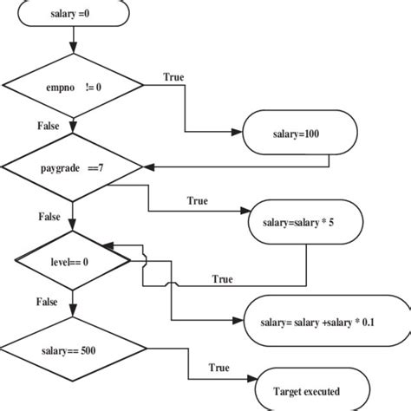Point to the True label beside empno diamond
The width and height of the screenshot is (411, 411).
click(x=173, y=77)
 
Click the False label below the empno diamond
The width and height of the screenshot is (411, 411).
click(x=48, y=126)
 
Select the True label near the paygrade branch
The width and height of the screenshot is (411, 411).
click(x=197, y=200)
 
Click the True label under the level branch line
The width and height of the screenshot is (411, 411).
click(x=222, y=279)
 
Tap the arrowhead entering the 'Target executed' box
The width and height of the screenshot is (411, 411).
click(x=253, y=380)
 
